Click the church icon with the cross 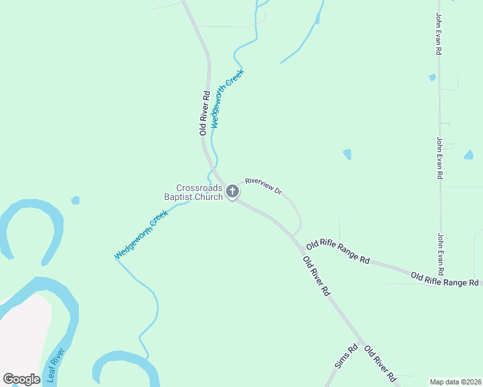coord(232,192)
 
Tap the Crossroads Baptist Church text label coord(200,192)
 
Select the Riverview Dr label coord(263,186)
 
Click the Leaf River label coord(56,366)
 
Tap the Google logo coord(21,379)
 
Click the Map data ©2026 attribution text coord(455,382)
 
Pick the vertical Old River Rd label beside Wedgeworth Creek coord(204,112)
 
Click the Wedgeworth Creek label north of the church coord(223,98)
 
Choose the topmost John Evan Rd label coord(438,33)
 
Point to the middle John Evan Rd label coord(439,158)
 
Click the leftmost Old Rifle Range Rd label coord(338,252)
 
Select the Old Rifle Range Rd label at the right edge coord(446,279)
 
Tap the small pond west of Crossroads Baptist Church coord(76,200)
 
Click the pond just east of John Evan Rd coord(468,155)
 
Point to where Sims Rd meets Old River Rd coord(362,341)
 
